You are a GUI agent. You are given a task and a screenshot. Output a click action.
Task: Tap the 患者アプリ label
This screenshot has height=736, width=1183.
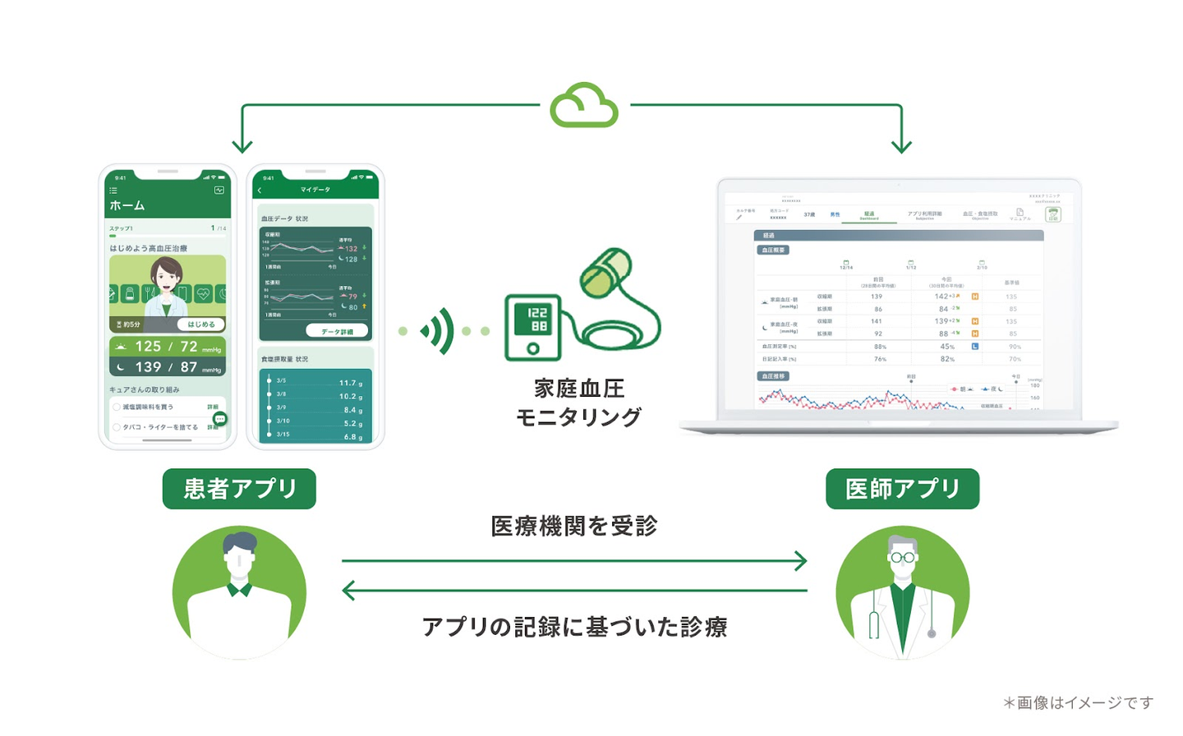(239, 489)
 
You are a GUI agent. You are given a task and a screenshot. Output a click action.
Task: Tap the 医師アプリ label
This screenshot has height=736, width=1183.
(902, 489)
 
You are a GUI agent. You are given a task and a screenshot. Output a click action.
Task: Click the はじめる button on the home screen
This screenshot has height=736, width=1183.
(201, 324)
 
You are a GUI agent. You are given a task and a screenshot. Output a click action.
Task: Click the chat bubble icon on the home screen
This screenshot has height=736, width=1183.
(219, 419)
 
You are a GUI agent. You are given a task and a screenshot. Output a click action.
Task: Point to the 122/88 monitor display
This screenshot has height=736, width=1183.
(537, 320)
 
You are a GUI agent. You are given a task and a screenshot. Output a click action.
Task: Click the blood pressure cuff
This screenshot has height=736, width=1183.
(605, 272)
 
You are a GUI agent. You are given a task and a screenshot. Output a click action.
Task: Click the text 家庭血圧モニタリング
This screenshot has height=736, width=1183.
(579, 402)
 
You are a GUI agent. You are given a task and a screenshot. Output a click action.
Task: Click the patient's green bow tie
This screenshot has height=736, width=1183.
(239, 589)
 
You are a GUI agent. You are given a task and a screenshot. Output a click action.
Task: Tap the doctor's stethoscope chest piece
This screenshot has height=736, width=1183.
(932, 633)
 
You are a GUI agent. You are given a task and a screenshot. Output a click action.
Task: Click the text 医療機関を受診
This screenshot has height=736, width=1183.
(574, 526)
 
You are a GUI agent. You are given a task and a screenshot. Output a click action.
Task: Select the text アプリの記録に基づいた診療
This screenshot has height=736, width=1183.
(574, 627)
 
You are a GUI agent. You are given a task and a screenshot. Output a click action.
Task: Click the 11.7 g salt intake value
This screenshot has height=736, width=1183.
(350, 383)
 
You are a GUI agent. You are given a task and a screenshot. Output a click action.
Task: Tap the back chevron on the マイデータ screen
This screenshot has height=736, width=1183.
(260, 191)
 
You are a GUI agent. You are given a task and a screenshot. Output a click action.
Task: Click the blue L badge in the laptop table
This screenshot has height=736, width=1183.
(975, 347)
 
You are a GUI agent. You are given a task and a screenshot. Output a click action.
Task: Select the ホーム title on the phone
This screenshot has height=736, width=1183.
(127, 205)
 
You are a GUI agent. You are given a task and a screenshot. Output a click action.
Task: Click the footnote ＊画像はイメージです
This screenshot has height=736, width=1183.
(1078, 702)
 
